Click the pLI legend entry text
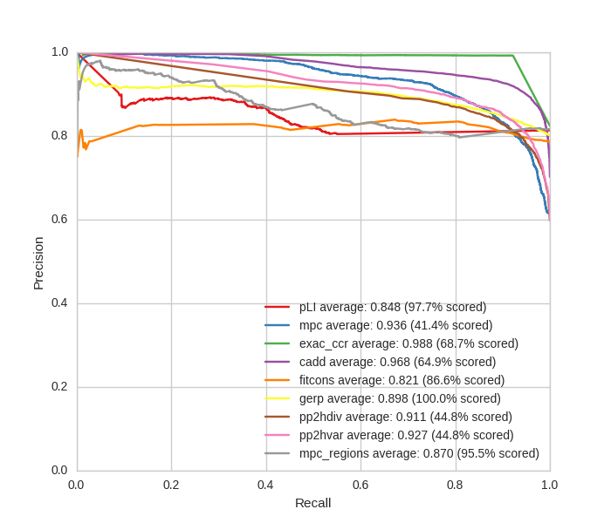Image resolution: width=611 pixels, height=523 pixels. [x=393, y=307]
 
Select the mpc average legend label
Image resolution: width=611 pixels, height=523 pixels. [x=395, y=325]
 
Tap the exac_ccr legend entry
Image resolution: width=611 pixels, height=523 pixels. [x=408, y=343]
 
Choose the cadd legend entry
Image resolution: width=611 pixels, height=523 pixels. [x=397, y=362]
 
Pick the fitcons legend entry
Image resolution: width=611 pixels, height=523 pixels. [x=402, y=380]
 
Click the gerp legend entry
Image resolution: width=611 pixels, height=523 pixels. [x=400, y=398]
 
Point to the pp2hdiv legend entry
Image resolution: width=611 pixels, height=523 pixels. [x=406, y=417]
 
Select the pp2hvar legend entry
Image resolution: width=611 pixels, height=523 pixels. [x=407, y=435]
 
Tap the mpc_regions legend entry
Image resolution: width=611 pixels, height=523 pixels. [x=419, y=453]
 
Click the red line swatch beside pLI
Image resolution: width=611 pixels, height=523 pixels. [x=278, y=307]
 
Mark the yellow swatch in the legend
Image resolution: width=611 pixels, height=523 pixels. [x=278, y=398]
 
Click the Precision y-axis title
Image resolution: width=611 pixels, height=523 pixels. [x=38, y=262]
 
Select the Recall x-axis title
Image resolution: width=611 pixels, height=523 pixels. [x=312, y=503]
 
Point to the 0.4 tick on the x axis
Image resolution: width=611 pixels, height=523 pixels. [x=265, y=485]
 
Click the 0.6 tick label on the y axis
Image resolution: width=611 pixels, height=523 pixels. [x=59, y=219]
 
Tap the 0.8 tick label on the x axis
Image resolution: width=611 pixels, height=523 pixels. [x=455, y=485]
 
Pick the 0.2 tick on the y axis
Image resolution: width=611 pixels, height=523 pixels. [x=59, y=386]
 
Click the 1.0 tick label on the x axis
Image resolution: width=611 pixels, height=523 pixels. [x=549, y=485]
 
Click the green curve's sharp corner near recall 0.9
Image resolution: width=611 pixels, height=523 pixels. [x=512, y=56]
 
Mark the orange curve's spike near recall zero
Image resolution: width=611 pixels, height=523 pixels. [x=81, y=130]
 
